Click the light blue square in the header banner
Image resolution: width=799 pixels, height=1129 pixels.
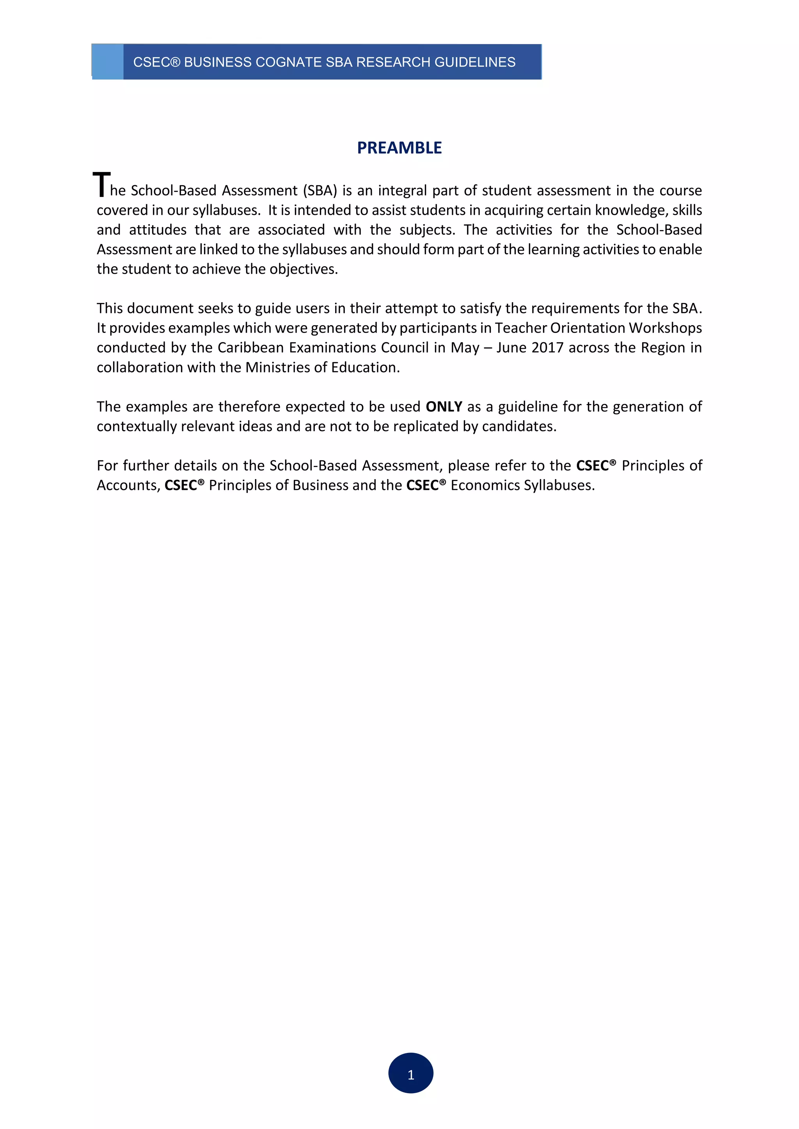[x=108, y=62]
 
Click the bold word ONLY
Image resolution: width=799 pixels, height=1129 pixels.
[x=443, y=407]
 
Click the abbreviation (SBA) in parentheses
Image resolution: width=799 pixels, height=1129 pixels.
[x=320, y=190]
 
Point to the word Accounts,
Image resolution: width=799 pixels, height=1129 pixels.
[x=128, y=485]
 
